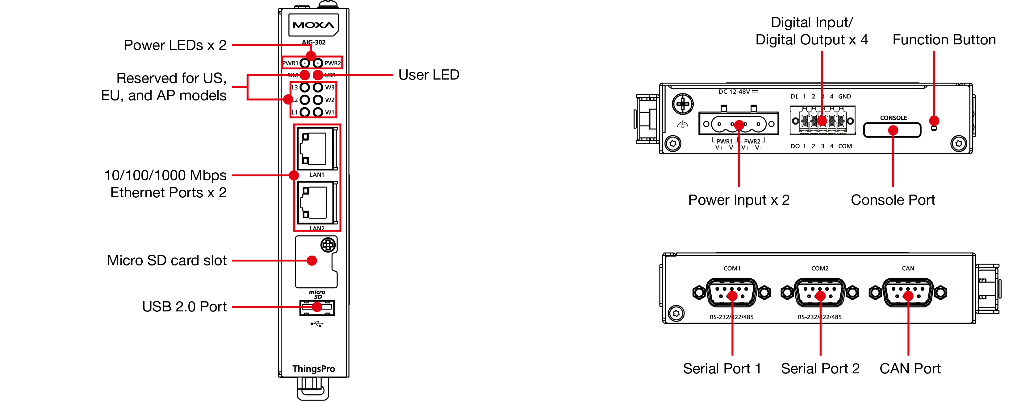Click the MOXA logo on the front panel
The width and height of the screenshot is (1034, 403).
[x=313, y=25]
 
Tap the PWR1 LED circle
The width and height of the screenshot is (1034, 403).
[x=305, y=63]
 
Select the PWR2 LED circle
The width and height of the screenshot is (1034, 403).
[x=318, y=63]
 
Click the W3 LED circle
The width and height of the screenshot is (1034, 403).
[x=318, y=88]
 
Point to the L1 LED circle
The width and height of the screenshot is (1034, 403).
[x=305, y=112]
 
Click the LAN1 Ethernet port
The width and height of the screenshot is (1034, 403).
[x=316, y=149]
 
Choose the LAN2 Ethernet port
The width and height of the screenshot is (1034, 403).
[x=316, y=203]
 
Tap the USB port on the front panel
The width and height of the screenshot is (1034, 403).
[x=317, y=307]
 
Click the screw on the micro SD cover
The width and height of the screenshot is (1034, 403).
[x=328, y=245]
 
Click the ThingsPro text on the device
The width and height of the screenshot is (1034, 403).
[x=313, y=369]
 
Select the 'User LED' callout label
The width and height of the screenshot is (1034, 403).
[x=429, y=75]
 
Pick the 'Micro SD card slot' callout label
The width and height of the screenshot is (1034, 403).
[x=167, y=261]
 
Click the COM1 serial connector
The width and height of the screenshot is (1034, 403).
[x=732, y=293]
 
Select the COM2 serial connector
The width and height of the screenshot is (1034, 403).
[x=820, y=293]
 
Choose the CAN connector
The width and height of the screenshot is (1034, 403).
[x=908, y=293]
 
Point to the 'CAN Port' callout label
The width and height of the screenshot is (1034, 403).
[x=910, y=368]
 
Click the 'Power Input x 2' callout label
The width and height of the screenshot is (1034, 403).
[x=739, y=200]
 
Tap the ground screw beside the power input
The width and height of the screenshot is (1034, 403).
[x=682, y=104]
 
